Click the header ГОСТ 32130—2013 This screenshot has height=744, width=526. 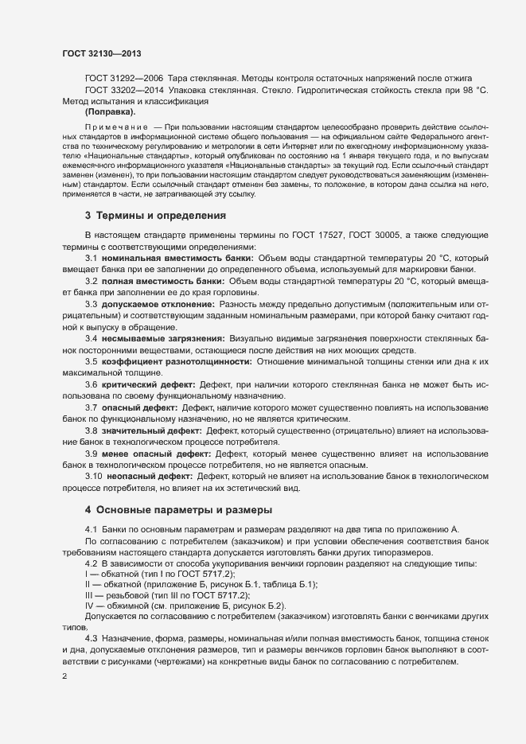(x=102, y=54)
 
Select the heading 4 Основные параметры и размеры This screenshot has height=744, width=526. (x=179, y=509)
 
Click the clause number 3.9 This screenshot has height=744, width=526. (x=91, y=454)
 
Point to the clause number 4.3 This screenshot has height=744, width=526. (x=91, y=640)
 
